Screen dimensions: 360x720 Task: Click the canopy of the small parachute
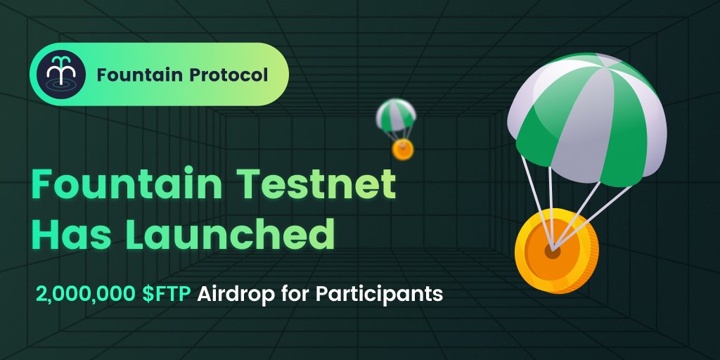395,114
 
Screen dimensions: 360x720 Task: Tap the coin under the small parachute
403,149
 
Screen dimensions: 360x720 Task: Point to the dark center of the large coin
553,251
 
